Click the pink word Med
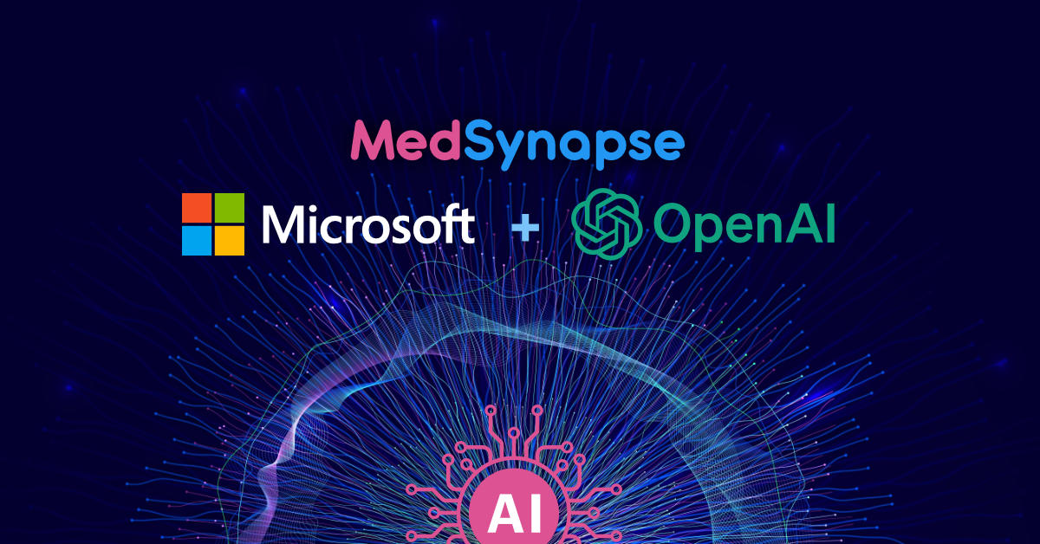coord(406,142)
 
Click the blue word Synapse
coord(573,144)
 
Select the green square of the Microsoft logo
coord(229,208)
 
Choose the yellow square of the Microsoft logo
coord(229,239)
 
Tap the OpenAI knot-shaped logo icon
coord(608,223)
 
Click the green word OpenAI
coord(744,224)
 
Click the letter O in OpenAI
coord(674,223)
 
